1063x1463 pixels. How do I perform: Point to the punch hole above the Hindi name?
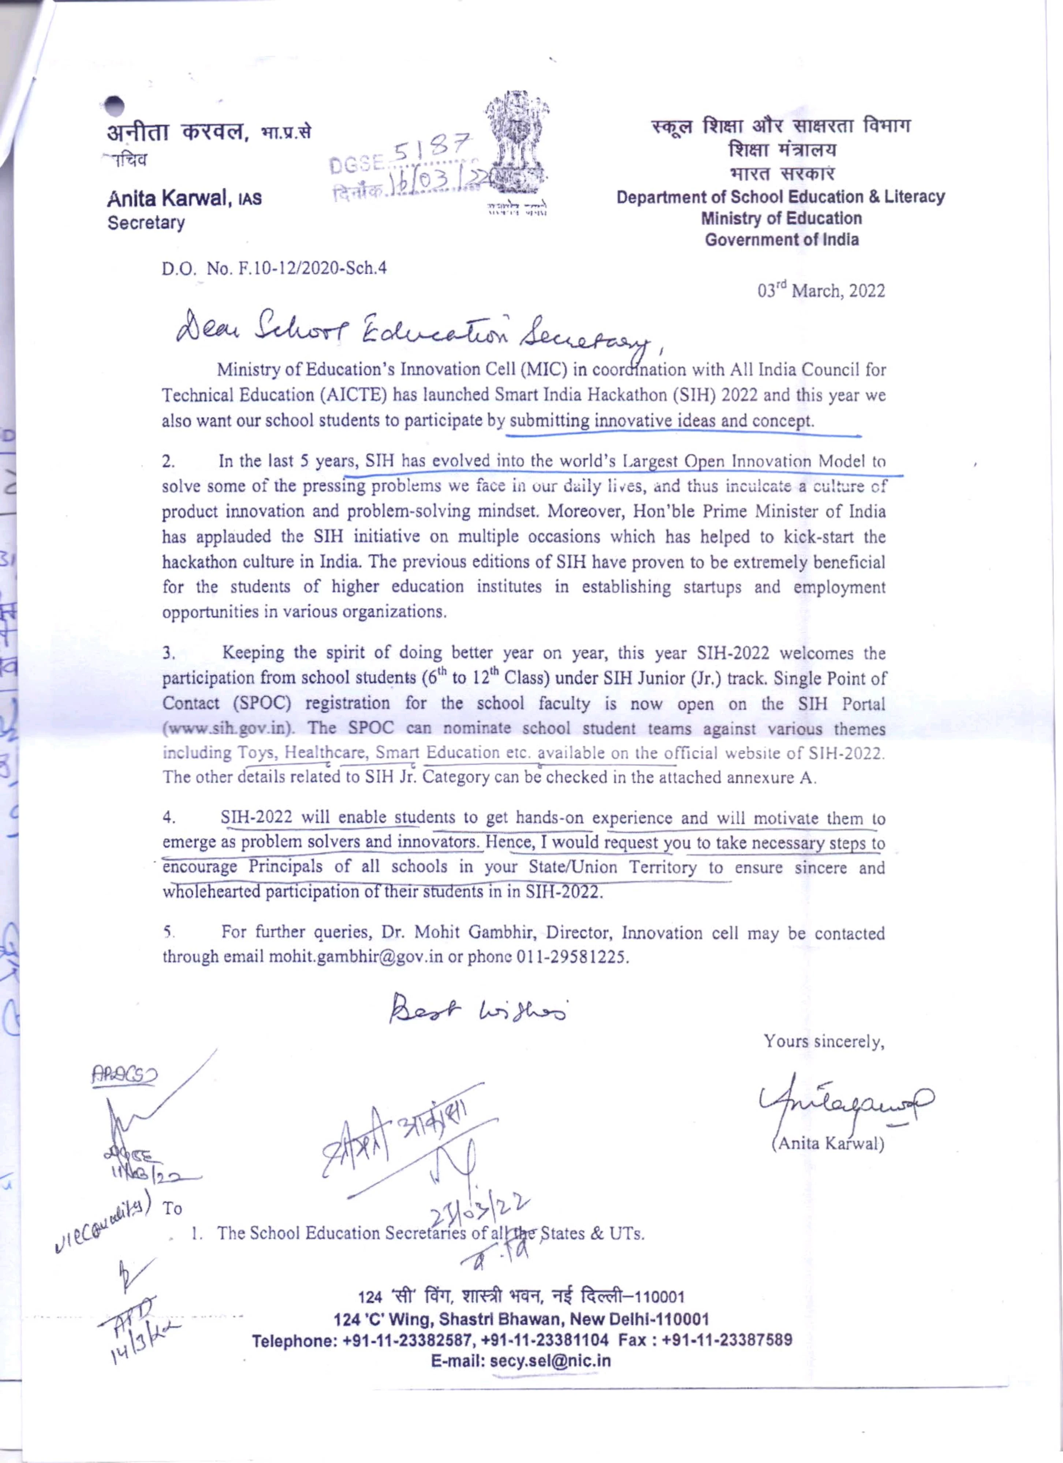(x=115, y=106)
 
